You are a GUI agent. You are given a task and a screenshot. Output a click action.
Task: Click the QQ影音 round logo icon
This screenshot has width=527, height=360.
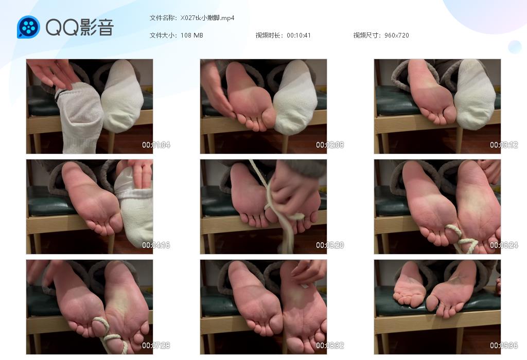(28, 27)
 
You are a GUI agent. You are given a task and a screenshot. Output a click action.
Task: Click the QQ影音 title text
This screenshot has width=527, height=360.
(79, 27)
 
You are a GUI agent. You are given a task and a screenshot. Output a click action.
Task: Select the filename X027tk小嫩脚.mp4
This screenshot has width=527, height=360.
(207, 18)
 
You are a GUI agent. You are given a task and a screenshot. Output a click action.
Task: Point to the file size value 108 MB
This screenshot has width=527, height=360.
(192, 35)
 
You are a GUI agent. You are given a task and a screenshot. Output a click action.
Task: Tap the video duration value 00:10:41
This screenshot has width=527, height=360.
(298, 35)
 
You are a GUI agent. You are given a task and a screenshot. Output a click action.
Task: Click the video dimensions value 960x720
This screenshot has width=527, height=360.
(396, 35)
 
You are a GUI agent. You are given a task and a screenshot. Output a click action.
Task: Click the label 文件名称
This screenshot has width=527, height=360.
(163, 18)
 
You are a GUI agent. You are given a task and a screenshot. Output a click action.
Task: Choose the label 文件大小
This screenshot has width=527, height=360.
(163, 35)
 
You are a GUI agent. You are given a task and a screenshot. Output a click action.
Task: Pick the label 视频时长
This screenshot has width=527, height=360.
(269, 35)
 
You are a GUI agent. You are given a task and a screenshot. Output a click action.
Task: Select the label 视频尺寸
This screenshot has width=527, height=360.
(367, 35)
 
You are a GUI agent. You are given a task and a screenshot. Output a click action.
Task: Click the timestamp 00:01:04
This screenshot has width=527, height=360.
(156, 145)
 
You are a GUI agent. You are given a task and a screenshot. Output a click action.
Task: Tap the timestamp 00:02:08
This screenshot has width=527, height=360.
(330, 145)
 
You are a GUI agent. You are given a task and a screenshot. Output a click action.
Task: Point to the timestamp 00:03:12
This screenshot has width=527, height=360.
(504, 145)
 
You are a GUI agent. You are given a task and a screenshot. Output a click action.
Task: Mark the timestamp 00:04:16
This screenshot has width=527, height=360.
(156, 245)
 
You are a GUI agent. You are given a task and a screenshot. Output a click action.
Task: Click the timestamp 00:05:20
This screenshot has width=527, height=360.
(330, 245)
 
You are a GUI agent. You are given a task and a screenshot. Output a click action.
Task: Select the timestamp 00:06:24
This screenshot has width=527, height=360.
(504, 245)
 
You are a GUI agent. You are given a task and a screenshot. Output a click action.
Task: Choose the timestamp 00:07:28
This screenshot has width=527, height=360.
(156, 346)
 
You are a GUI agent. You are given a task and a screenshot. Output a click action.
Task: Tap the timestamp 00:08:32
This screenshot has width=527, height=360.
(330, 346)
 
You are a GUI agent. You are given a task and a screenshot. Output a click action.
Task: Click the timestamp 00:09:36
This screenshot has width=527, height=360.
(504, 346)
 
